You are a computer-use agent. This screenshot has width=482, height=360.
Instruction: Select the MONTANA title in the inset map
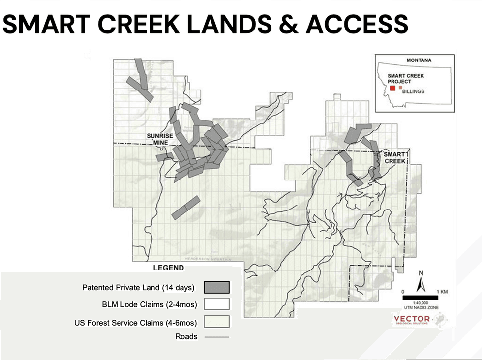[419, 60]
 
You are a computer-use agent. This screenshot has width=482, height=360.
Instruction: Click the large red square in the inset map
[392, 88]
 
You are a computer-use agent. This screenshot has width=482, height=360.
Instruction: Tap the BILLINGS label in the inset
[413, 91]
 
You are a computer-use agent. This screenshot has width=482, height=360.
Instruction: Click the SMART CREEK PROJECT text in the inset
[405, 79]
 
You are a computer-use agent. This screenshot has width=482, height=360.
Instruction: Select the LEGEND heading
[169, 268]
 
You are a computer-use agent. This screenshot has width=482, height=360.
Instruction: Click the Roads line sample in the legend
[216, 337]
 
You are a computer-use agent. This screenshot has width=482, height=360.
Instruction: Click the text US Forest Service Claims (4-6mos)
[136, 323]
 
